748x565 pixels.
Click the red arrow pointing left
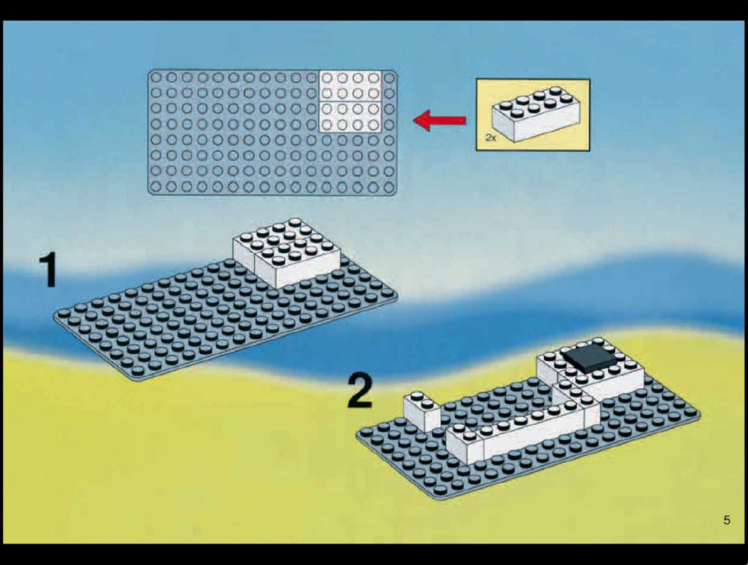tap(439, 120)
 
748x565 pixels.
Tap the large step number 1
tap(49, 269)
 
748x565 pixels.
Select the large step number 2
tap(360, 391)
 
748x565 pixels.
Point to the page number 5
tap(727, 520)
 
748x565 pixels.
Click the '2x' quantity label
tap(491, 138)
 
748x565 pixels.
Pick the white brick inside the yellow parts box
tap(536, 114)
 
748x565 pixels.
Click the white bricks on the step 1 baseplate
tap(286, 252)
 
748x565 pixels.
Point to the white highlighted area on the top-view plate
tap(350, 101)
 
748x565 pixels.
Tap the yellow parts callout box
tap(533, 115)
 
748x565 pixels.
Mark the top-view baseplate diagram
tap(272, 132)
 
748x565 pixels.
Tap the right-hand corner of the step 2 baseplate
tap(699, 415)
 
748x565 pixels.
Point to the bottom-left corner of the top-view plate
tap(150, 193)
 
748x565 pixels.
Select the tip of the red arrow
tap(414, 120)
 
